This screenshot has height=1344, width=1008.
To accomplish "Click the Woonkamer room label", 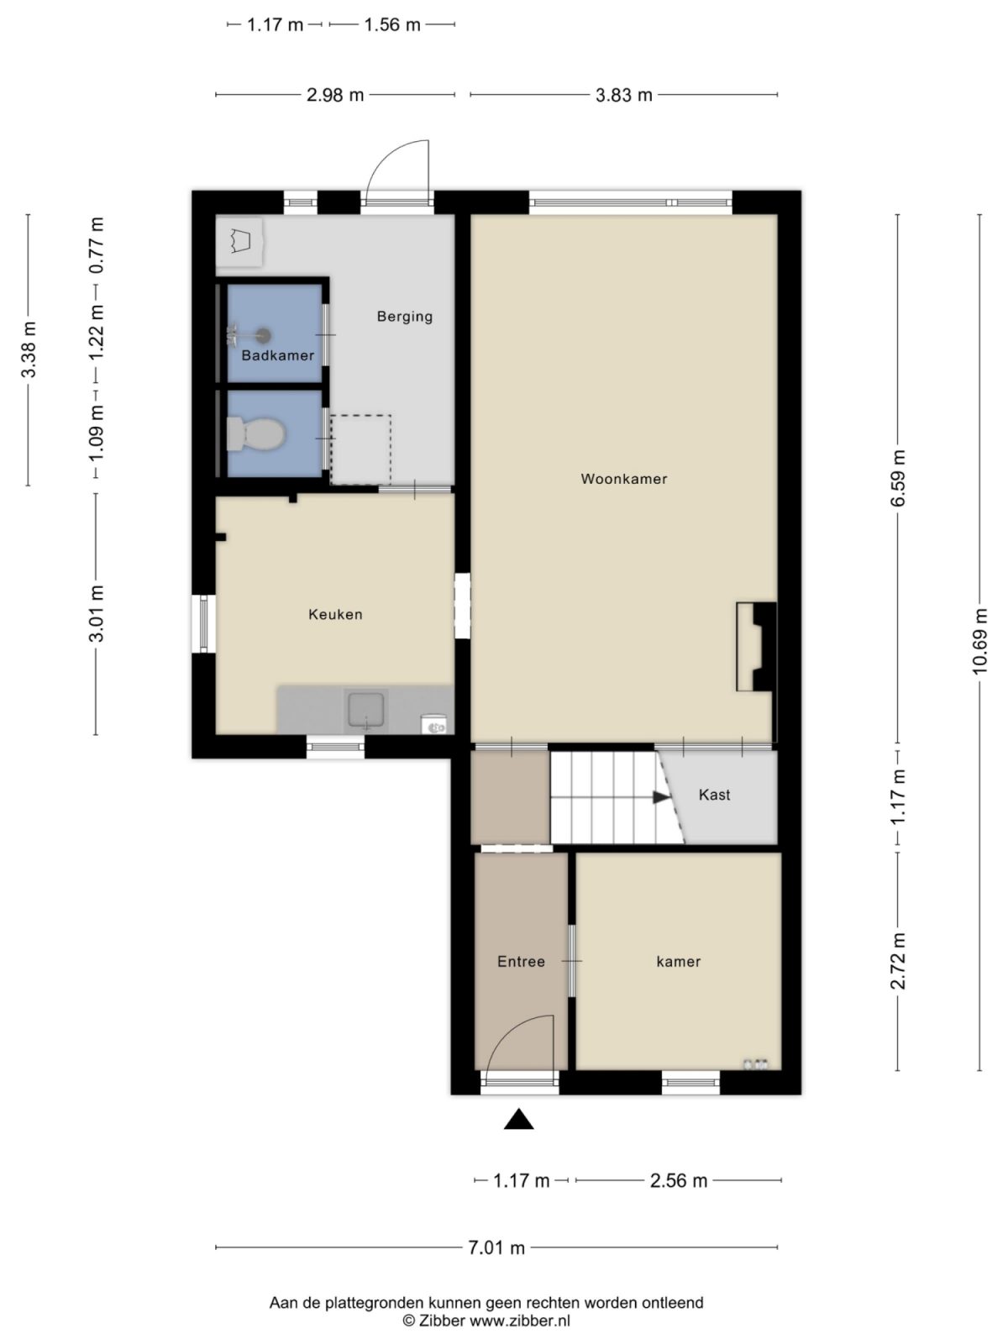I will point(623,479).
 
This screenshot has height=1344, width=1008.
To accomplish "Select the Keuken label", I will point(335,614).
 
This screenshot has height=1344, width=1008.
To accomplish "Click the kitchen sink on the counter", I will point(366,710).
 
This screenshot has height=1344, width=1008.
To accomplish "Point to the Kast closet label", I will point(714,795).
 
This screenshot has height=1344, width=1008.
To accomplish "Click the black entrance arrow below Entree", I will point(519,1119).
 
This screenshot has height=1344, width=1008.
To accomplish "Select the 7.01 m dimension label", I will point(496,1247).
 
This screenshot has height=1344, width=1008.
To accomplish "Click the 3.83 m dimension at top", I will point(623,95).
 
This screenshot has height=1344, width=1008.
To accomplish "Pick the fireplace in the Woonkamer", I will point(756,646).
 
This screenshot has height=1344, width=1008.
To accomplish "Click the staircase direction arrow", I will point(662,797).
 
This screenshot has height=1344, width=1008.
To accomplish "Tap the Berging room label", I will point(404,317).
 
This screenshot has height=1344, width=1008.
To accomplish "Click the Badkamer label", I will point(277,355).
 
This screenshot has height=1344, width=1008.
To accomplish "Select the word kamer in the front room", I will point(678,962).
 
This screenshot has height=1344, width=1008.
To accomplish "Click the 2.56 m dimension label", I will point(679,1180).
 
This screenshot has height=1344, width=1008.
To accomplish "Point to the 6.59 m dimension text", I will point(899,477).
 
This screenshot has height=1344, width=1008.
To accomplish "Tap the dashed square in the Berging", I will point(360,449).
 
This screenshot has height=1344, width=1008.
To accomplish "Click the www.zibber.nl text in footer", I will point(520,1320).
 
